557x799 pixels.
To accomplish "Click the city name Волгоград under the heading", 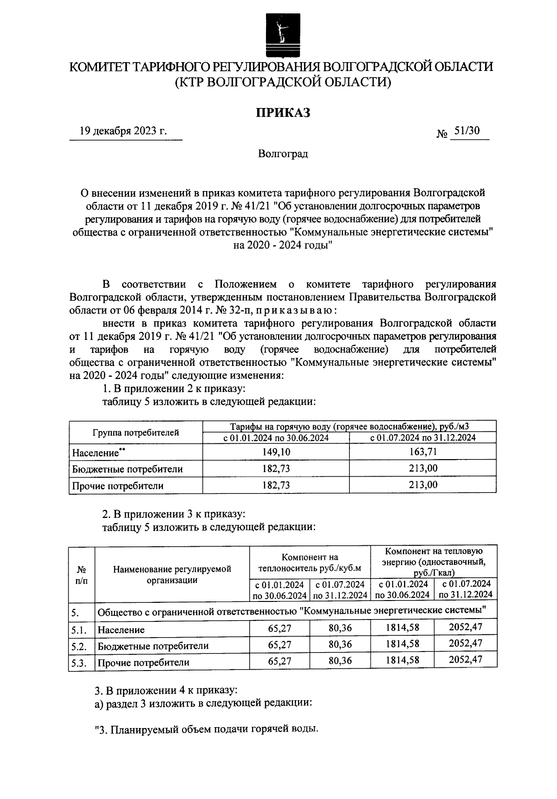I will (x=283, y=153).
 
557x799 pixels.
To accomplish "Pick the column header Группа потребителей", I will (x=136, y=433).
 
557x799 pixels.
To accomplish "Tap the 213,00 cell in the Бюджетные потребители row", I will (x=423, y=469).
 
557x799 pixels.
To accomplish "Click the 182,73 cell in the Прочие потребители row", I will (x=276, y=486).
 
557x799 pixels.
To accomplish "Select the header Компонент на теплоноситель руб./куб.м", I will (x=310, y=562).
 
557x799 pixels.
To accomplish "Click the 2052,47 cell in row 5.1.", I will (x=466, y=627).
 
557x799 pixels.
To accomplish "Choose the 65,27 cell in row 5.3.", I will (x=279, y=661).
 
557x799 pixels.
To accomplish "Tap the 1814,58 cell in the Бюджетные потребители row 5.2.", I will (x=402, y=644).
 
